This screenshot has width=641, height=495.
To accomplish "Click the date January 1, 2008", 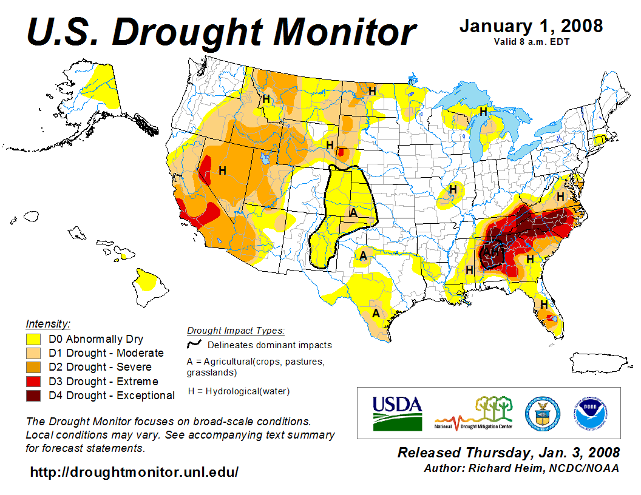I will pyautogui.click(x=531, y=25).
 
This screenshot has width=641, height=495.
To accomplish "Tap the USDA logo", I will pyautogui.click(x=397, y=412).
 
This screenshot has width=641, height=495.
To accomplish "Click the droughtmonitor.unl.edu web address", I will pyautogui.click(x=134, y=471).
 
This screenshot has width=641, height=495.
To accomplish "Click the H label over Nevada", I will pyautogui.click(x=222, y=170).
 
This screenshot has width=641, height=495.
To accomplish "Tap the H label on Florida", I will pyautogui.click(x=544, y=304).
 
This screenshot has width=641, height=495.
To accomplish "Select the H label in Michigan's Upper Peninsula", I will pyautogui.click(x=483, y=112).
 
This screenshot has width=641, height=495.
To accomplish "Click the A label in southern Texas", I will pyautogui.click(x=376, y=313).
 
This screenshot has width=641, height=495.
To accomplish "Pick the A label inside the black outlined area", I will pyautogui.click(x=353, y=212).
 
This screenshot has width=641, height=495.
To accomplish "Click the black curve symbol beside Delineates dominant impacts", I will pyautogui.click(x=194, y=344).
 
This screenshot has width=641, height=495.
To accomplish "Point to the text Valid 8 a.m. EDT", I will pyautogui.click(x=531, y=42).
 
